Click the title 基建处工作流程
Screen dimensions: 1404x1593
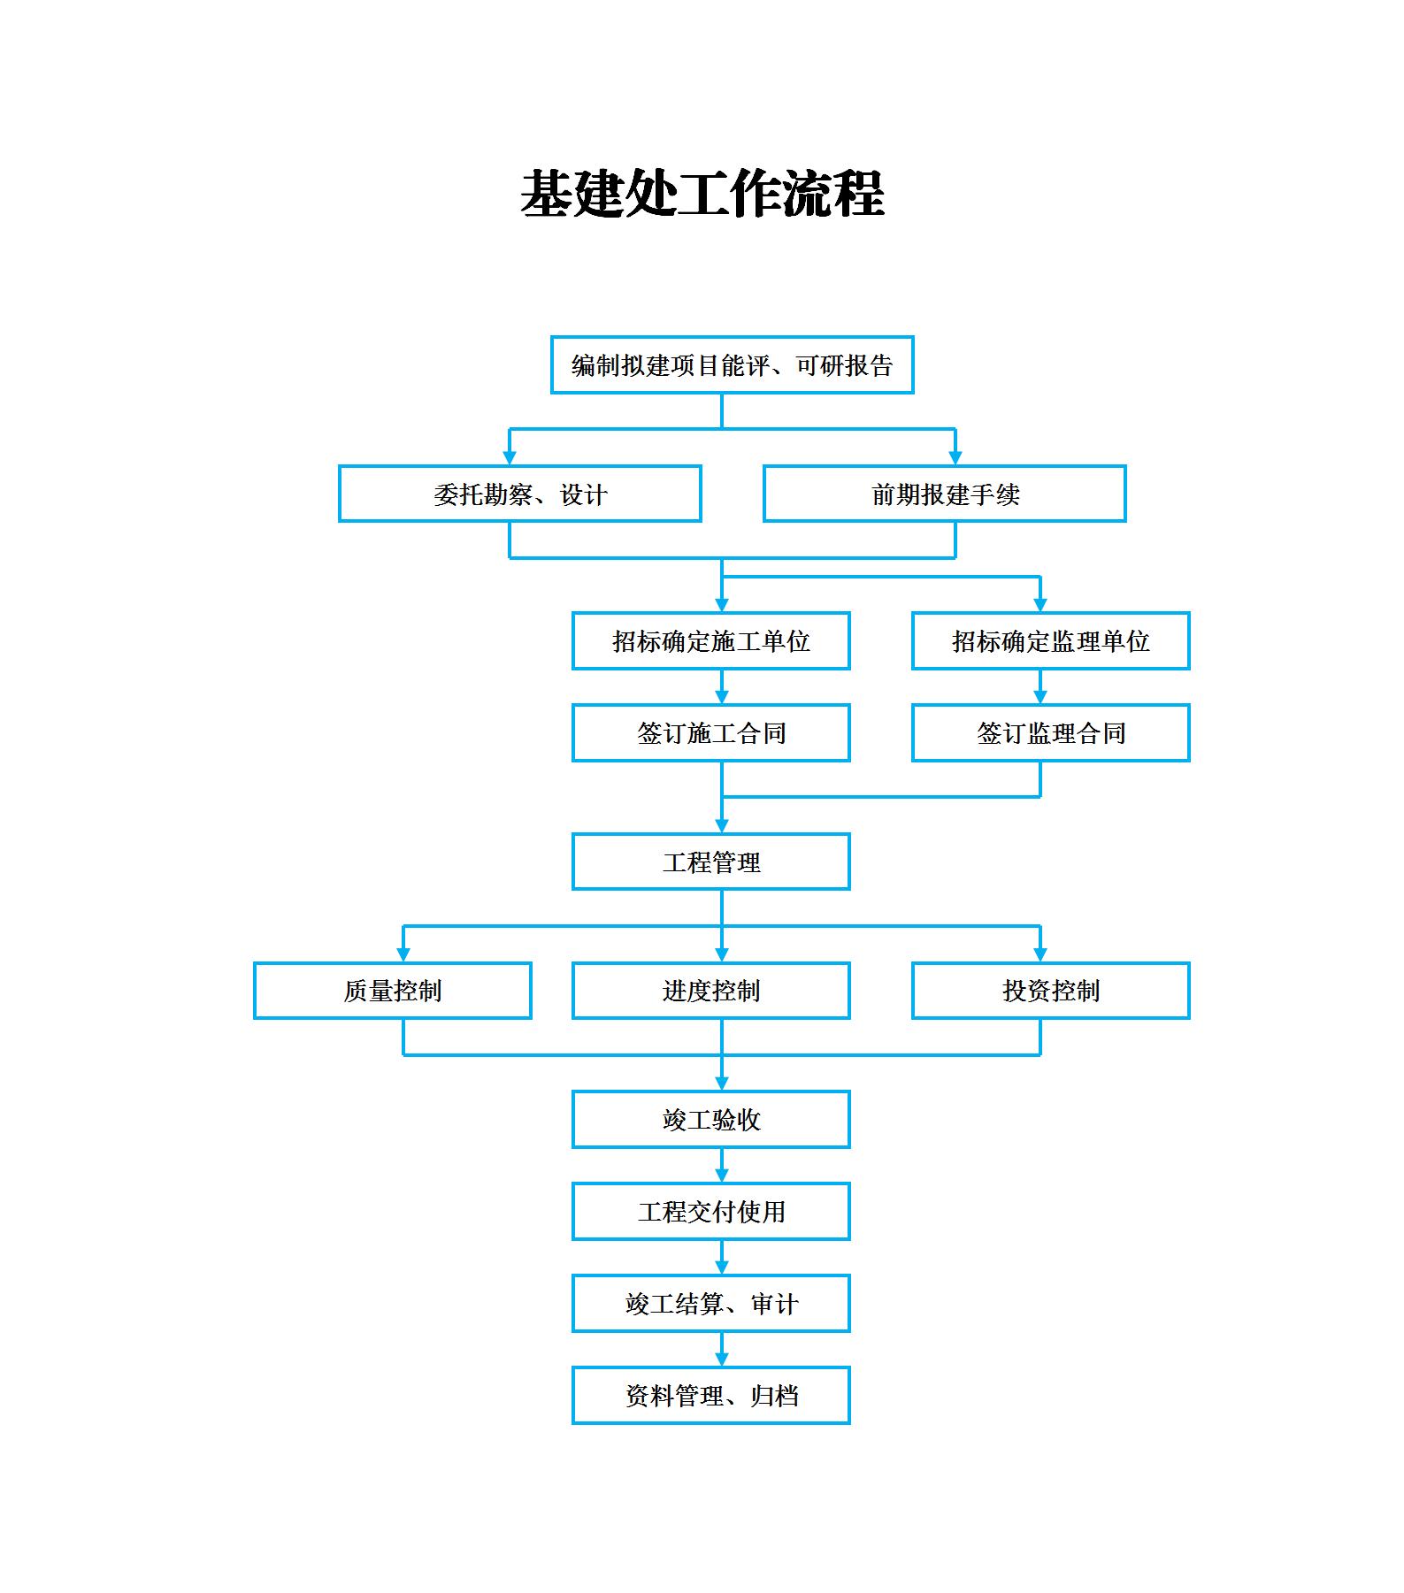(702, 194)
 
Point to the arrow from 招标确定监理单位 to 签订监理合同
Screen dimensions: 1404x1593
(1040, 686)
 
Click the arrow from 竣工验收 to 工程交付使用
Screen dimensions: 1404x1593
(722, 1165)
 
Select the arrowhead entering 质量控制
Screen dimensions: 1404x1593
(403, 954)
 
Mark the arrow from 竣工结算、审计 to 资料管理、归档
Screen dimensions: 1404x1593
(722, 1349)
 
